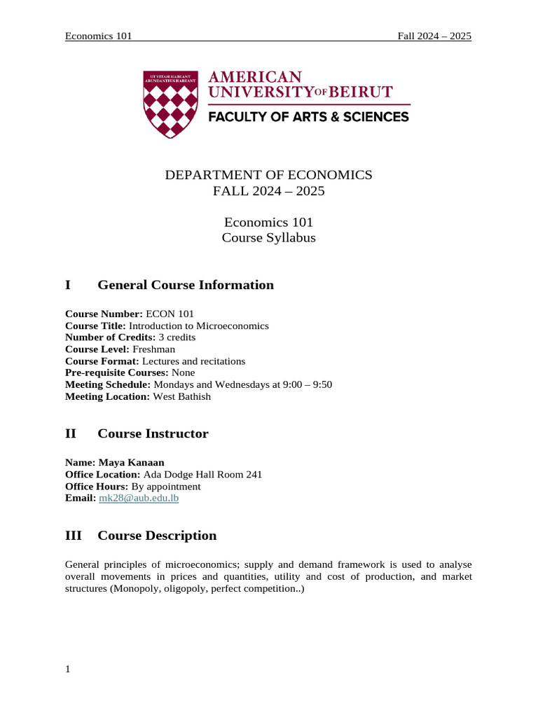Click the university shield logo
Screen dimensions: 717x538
(170, 103)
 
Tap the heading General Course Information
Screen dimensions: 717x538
(186, 285)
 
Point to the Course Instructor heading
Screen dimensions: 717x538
(153, 434)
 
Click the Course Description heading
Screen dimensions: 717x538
(157, 536)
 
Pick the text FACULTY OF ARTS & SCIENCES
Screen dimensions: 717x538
(308, 117)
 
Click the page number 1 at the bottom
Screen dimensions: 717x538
(68, 669)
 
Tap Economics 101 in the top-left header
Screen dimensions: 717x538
(98, 36)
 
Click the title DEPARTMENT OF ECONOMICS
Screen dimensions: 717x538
(268, 175)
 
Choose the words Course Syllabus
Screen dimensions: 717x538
(268, 238)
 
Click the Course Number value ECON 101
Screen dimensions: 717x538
(170, 314)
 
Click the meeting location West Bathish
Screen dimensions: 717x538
(183, 397)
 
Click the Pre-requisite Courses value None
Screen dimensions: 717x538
(184, 373)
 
